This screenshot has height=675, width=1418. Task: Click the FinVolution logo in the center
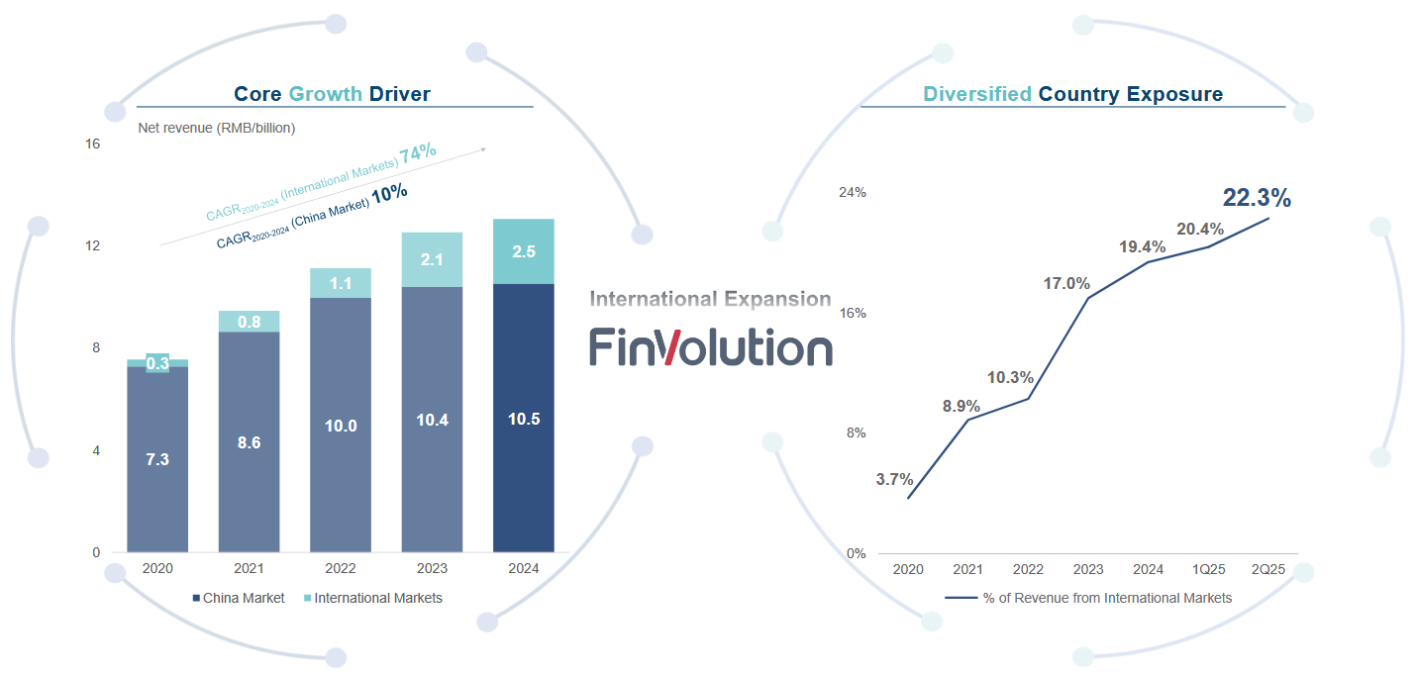tap(711, 347)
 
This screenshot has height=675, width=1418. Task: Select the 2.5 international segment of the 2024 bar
tap(524, 251)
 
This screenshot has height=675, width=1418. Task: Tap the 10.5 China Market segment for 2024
tap(524, 418)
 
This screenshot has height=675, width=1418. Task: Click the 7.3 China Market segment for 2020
tap(157, 459)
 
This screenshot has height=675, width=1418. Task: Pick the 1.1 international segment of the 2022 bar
tap(341, 283)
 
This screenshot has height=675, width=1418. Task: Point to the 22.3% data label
tap(1257, 198)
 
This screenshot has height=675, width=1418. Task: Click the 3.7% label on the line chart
tap(894, 479)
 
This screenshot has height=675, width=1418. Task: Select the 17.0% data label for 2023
tap(1066, 284)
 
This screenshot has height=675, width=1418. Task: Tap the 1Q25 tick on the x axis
tap(1208, 569)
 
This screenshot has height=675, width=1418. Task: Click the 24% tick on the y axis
tap(853, 192)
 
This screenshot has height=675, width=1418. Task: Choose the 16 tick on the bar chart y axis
tap(93, 144)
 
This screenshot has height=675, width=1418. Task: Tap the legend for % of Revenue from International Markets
tap(1089, 598)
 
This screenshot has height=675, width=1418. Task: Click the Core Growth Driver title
tap(332, 94)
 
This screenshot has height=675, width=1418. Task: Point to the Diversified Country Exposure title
tap(1072, 94)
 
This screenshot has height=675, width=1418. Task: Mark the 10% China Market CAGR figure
tap(389, 193)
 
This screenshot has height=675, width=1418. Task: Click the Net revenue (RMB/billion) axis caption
tap(217, 128)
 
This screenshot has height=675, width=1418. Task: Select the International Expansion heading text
tap(710, 299)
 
